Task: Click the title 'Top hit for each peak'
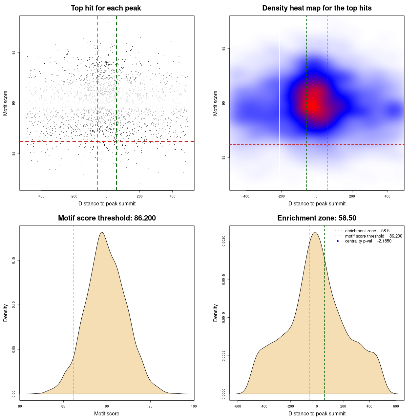point(106,8)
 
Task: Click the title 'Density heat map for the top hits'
point(317,8)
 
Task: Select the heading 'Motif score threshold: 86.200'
point(107,218)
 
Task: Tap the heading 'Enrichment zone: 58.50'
point(317,218)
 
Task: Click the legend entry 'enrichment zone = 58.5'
point(367,231)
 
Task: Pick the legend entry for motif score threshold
point(373,236)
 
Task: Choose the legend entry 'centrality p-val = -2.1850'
point(368,241)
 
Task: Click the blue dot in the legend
point(338,241)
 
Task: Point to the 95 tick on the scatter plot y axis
point(14,52)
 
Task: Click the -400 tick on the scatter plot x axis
point(41,196)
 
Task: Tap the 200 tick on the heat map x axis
point(352,196)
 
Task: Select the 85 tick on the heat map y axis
point(224,157)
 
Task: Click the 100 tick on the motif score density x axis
point(194,406)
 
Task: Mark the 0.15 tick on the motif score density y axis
point(14,261)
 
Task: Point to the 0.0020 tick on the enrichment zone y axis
point(224,241)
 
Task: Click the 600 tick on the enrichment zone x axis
point(396,406)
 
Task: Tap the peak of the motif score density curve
point(102,232)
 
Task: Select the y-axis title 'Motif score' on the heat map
point(216,103)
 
